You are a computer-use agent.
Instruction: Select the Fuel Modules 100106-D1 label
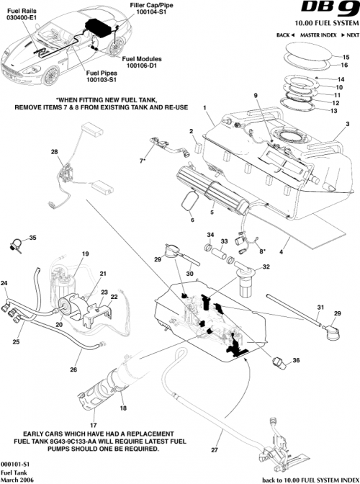pos(142,62)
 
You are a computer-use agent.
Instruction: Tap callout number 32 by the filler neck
pos(266,267)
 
